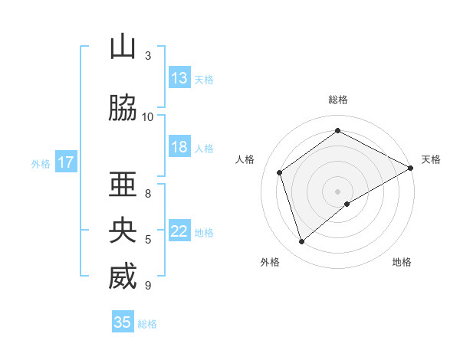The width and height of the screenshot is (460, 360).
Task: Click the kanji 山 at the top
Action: pyautogui.click(x=123, y=47)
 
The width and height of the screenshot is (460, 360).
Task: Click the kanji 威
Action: pyautogui.click(x=123, y=277)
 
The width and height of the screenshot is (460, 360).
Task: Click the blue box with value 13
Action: pyautogui.click(x=179, y=78)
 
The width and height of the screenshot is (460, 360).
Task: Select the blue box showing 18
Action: pyautogui.click(x=179, y=147)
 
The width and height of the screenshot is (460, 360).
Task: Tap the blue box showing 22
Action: pyautogui.click(x=179, y=231)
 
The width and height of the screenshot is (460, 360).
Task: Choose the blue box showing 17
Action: pyautogui.click(x=65, y=162)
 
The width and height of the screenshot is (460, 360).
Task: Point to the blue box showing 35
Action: pyautogui.click(x=123, y=322)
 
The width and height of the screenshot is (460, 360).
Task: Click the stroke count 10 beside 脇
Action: pyautogui.click(x=148, y=116)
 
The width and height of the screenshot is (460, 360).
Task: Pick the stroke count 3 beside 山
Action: pyautogui.click(x=148, y=55)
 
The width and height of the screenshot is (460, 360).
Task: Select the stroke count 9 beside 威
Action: pyautogui.click(x=148, y=285)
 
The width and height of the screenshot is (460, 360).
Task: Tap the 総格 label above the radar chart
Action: pyautogui.click(x=338, y=100)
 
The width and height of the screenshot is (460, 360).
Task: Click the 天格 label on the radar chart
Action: pyautogui.click(x=431, y=159)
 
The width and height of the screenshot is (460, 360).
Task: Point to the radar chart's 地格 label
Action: pyautogui.click(x=402, y=262)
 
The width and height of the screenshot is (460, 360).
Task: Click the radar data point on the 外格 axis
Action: pyautogui.click(x=302, y=242)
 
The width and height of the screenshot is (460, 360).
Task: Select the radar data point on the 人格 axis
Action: pyautogui.click(x=280, y=172)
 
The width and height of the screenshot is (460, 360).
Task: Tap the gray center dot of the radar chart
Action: pyautogui.click(x=338, y=191)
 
